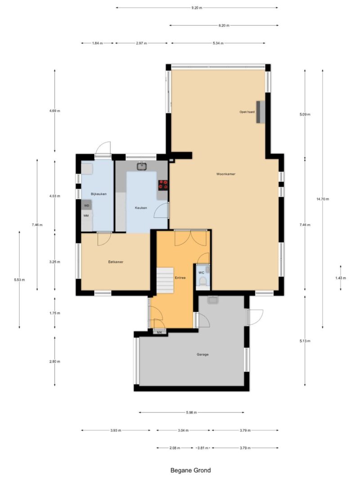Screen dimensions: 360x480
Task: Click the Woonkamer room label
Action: pyautogui.click(x=225, y=174)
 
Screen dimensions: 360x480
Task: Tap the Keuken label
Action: pyautogui.click(x=141, y=207)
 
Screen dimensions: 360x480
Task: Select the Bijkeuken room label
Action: pyautogui.click(x=99, y=194)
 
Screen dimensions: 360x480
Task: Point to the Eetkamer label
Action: pyautogui.click(x=116, y=262)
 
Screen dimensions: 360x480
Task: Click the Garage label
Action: pyautogui.click(x=202, y=354)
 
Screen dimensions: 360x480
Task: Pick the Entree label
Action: pyautogui.click(x=180, y=278)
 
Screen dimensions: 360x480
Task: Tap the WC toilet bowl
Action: pyautogui.click(x=202, y=282)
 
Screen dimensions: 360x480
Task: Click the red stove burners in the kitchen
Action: pyautogui.click(x=163, y=184)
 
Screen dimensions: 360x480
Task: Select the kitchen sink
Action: pyautogui.click(x=142, y=166)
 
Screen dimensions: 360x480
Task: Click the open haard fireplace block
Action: pyautogui.click(x=261, y=112)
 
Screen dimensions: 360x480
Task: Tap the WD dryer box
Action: pyautogui.click(x=86, y=205)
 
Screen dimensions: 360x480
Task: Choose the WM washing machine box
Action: pyautogui.click(x=86, y=215)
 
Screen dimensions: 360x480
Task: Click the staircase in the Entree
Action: pyautogui.click(x=165, y=280)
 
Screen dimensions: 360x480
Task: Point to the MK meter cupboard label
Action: pyautogui.click(x=159, y=332)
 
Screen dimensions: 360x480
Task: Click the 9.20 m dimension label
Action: pyautogui.click(x=197, y=8)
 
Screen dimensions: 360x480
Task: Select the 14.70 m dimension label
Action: pyautogui.click(x=323, y=199)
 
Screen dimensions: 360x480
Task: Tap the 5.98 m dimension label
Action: pyautogui.click(x=191, y=413)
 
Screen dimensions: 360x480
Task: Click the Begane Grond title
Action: pyautogui.click(x=190, y=470)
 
